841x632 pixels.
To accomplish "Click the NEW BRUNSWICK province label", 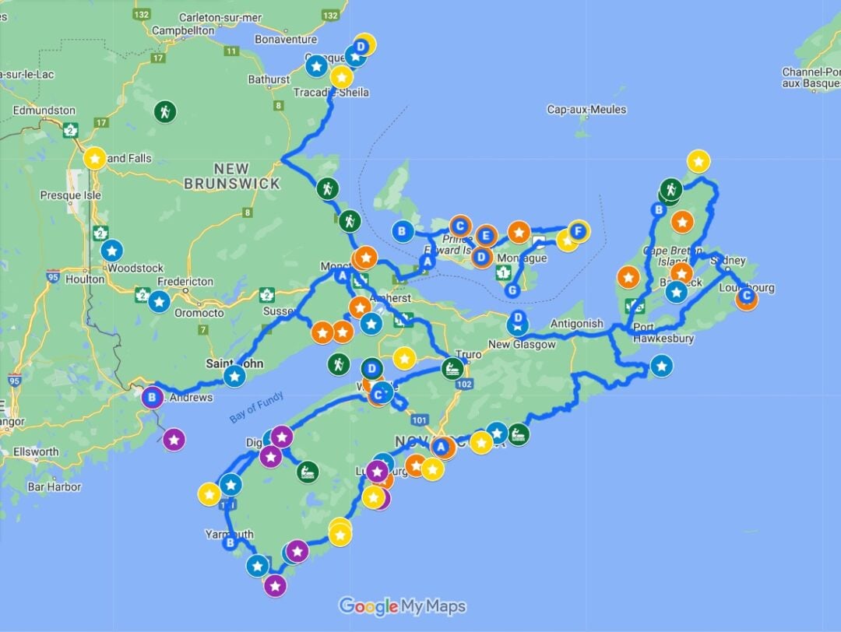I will pyautogui.click(x=231, y=176).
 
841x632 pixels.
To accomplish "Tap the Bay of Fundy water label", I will pyautogui.click(x=257, y=407).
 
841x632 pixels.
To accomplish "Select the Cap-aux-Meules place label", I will pyautogui.click(x=586, y=110).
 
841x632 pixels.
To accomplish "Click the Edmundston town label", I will pyautogui.click(x=44, y=111).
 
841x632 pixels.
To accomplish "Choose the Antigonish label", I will pyautogui.click(x=576, y=324).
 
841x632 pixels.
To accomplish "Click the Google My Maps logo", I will pyautogui.click(x=403, y=606).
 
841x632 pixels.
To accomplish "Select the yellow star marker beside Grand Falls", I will pyautogui.click(x=95, y=159).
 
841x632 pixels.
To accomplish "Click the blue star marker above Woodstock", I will pyautogui.click(x=111, y=251).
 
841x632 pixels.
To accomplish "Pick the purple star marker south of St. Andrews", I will pyautogui.click(x=174, y=440).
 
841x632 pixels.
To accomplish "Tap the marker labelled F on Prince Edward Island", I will pyautogui.click(x=577, y=230).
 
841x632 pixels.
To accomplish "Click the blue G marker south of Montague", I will pyautogui.click(x=512, y=290).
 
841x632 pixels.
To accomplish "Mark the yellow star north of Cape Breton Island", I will pyautogui.click(x=698, y=161).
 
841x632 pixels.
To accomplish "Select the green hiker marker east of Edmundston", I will pyautogui.click(x=164, y=112).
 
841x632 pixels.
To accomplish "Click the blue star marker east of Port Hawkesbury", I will pyautogui.click(x=662, y=365).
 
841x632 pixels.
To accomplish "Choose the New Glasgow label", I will pyautogui.click(x=522, y=344).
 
